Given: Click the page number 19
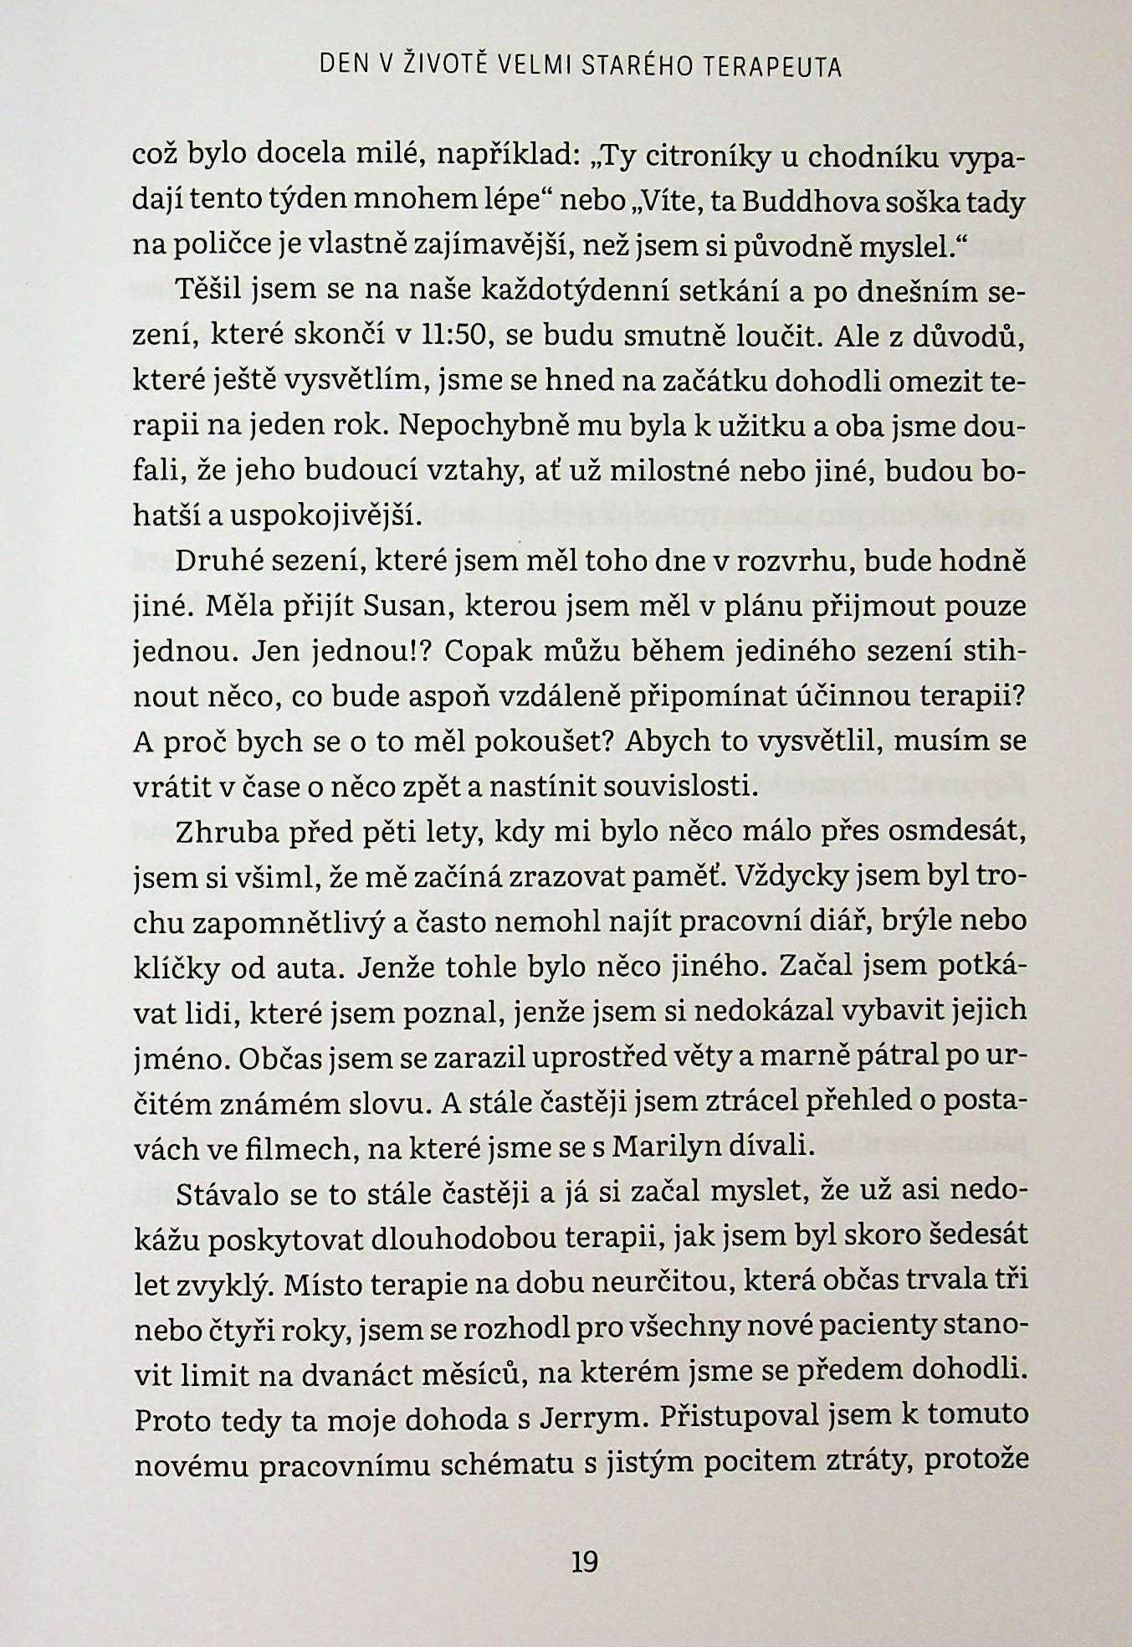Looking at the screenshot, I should coord(583,1561).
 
